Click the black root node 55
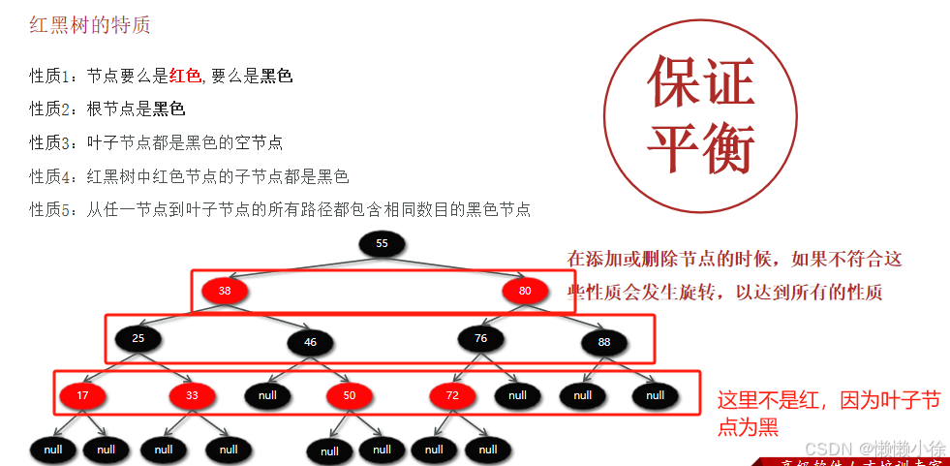pyautogui.click(x=382, y=243)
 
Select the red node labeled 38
pyautogui.click(x=225, y=290)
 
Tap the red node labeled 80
pyautogui.click(x=525, y=290)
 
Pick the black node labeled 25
pyautogui.click(x=138, y=338)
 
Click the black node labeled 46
pyautogui.click(x=310, y=343)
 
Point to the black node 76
pyautogui.click(x=481, y=338)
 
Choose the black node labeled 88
pyautogui.click(x=604, y=342)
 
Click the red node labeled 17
pyautogui.click(x=82, y=395)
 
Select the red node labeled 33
pyautogui.click(x=192, y=395)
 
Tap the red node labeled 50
pyautogui.click(x=349, y=395)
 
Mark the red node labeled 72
pyautogui.click(x=452, y=395)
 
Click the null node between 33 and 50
pyautogui.click(x=267, y=395)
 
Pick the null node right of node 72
pyautogui.click(x=517, y=395)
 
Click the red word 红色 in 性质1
pyautogui.click(x=184, y=76)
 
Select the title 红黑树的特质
pyautogui.click(x=89, y=26)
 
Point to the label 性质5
pyautogui.click(x=50, y=209)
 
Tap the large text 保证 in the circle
pyautogui.click(x=700, y=81)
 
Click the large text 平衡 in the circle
pyautogui.click(x=700, y=147)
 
